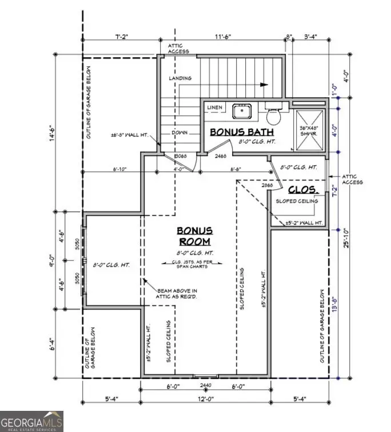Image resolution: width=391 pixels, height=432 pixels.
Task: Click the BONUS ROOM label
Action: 194,236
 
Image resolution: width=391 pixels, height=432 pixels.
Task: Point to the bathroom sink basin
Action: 242,110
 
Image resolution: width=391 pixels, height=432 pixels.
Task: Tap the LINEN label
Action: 215,107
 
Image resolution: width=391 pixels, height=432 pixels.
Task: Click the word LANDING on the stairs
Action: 180,78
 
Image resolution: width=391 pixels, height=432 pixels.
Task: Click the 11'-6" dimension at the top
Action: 223,37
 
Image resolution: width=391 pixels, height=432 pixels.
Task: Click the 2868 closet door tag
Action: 267,186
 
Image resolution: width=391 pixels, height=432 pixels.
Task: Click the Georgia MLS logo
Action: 31,421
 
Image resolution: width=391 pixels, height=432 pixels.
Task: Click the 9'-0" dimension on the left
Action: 51,261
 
